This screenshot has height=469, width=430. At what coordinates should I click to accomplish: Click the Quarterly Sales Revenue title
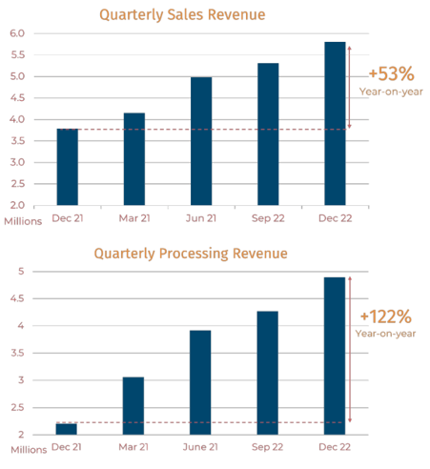[182, 15]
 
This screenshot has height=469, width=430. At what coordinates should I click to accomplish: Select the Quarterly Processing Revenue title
[191, 254]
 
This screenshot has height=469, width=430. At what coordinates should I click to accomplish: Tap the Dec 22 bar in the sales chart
[335, 123]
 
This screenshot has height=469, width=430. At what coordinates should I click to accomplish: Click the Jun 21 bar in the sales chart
[201, 141]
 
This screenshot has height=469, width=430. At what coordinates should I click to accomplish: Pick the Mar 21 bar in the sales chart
[134, 159]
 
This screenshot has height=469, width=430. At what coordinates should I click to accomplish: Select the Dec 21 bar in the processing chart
[67, 429]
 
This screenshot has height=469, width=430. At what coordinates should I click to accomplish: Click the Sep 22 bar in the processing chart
[268, 373]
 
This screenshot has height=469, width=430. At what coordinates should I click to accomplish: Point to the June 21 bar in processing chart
[200, 382]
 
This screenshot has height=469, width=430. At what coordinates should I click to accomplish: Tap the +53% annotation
[392, 73]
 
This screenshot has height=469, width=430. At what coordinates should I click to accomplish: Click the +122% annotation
[386, 316]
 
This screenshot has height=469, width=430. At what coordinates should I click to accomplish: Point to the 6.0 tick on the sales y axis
[17, 33]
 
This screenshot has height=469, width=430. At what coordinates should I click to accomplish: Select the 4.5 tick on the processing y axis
[17, 298]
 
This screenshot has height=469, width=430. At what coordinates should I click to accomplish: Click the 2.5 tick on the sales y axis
[17, 184]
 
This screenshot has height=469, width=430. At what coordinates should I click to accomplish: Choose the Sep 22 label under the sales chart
[268, 218]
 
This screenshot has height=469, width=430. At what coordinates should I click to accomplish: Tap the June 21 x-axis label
[200, 447]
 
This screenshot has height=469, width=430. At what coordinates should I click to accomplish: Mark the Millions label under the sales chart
[23, 221]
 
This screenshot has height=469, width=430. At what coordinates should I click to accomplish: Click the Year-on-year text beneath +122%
[385, 334]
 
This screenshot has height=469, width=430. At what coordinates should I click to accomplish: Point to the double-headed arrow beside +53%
[350, 88]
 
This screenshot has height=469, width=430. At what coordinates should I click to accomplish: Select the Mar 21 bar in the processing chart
[133, 406]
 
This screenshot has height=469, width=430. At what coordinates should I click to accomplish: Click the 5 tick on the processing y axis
[21, 272]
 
